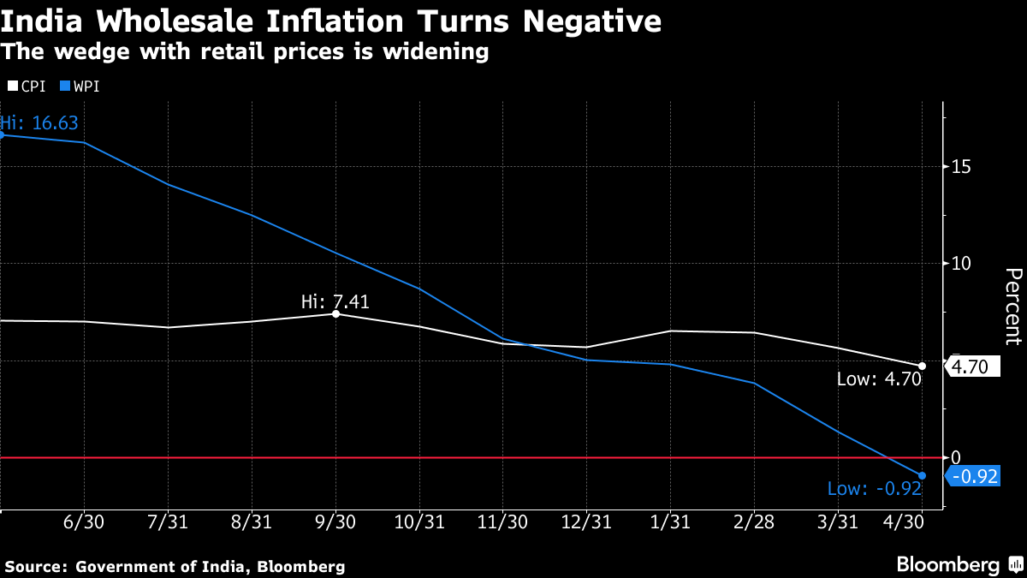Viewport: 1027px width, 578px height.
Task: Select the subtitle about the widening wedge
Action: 245,52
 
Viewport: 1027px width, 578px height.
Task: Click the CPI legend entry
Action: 27,86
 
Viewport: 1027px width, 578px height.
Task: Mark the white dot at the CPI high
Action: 335,314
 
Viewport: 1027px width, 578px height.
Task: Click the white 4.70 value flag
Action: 971,367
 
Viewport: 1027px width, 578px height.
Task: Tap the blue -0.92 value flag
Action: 974,477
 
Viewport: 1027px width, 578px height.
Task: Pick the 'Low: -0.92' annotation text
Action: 874,489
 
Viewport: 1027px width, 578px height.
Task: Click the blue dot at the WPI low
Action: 922,475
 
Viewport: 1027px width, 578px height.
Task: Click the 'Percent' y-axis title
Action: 1012,306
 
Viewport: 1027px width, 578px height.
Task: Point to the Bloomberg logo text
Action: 947,564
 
